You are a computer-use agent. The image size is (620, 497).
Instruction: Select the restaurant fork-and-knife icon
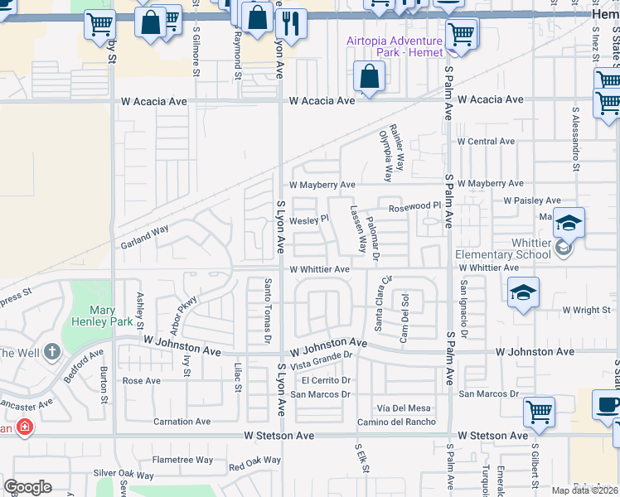(x=291, y=24)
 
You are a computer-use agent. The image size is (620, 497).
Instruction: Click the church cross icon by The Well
(x=52, y=351)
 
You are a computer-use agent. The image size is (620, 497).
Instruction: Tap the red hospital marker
(x=26, y=427)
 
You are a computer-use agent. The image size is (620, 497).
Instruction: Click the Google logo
(x=28, y=487)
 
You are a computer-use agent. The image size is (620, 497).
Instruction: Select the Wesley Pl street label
(x=308, y=220)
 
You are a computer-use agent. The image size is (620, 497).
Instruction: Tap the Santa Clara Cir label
(x=383, y=303)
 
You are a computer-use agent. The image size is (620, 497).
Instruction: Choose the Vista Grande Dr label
(x=321, y=359)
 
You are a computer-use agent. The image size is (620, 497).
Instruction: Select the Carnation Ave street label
(x=182, y=422)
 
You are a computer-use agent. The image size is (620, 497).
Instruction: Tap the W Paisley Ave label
(x=532, y=200)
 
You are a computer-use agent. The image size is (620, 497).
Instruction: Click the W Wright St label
(x=586, y=311)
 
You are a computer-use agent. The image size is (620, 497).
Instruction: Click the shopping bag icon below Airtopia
(x=368, y=78)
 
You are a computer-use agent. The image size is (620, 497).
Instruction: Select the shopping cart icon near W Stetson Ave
(x=539, y=411)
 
